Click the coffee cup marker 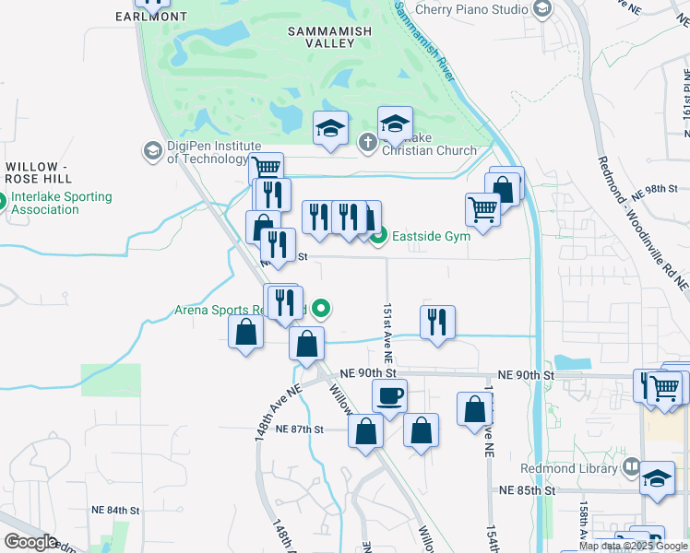point(389,396)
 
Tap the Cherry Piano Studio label point(470,9)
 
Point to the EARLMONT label point(152,17)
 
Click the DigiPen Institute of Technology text point(208,152)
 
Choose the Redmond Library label point(567,468)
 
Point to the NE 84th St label point(115,510)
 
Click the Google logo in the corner point(30,542)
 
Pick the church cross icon point(367,142)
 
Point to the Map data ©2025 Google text point(633,546)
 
